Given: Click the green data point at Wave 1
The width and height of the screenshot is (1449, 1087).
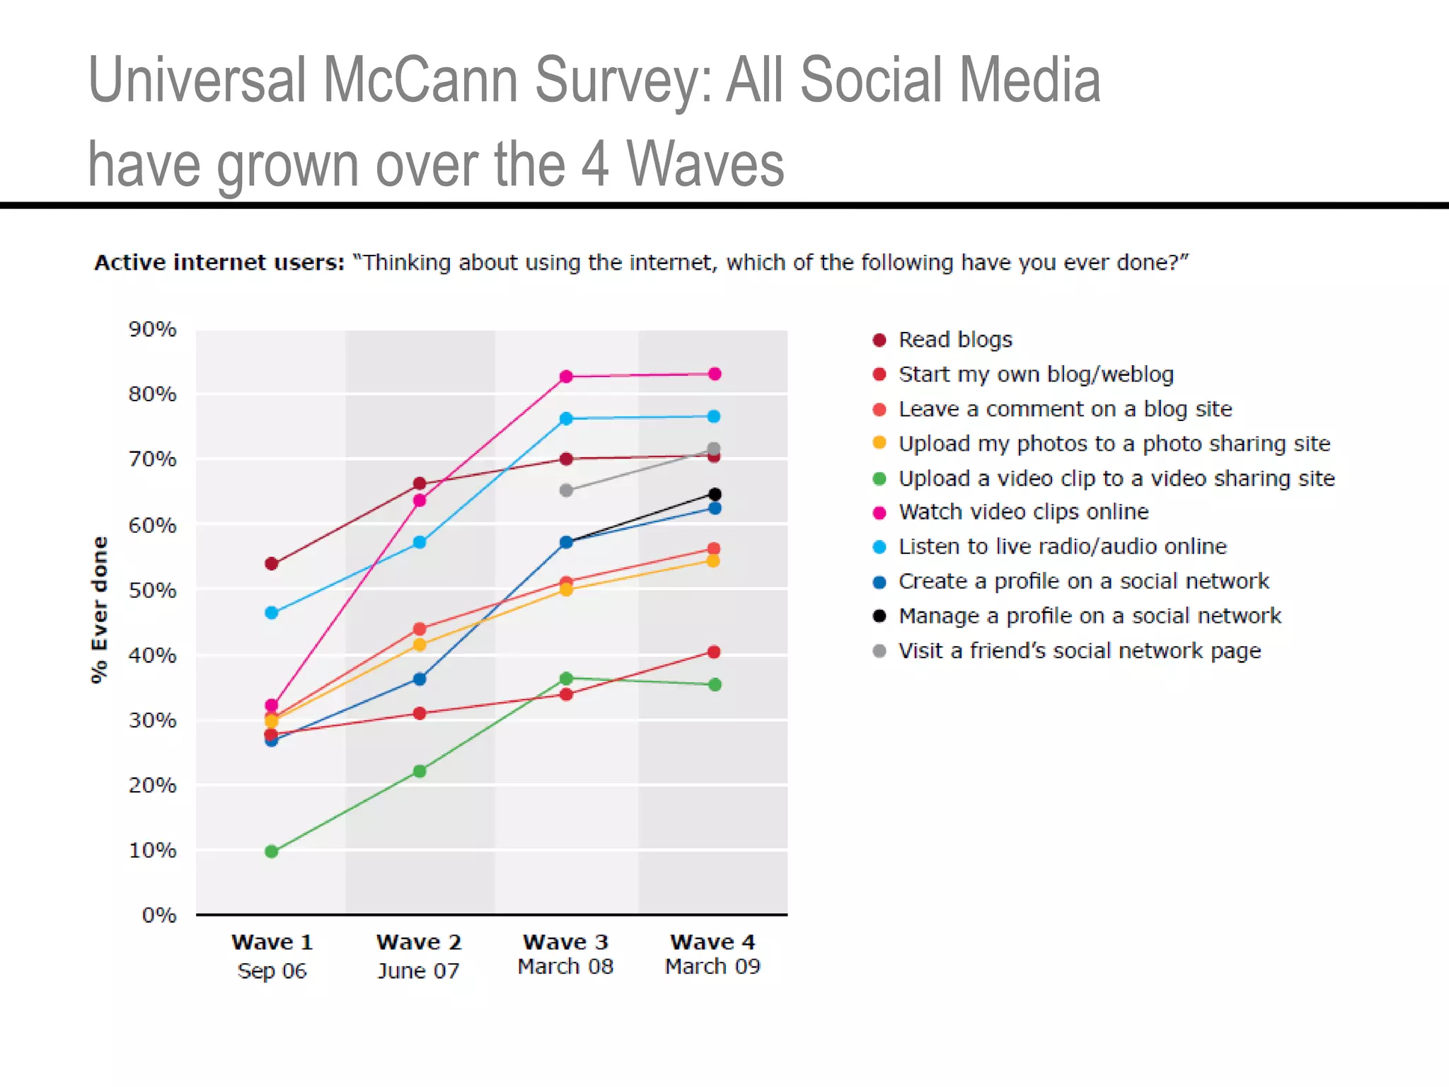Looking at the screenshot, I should tap(272, 851).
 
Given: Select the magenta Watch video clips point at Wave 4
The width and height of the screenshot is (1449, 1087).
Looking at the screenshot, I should tap(715, 374).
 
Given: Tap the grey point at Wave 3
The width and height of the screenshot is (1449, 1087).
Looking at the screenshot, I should tap(566, 490).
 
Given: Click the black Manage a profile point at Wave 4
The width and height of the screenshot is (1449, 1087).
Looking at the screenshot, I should tap(715, 494).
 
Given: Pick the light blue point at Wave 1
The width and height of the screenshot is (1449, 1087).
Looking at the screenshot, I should tap(272, 613).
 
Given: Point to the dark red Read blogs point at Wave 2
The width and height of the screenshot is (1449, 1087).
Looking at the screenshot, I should tap(420, 483).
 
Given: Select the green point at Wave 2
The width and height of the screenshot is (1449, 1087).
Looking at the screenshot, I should tap(420, 771).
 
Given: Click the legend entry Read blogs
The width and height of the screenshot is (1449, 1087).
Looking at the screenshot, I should tap(954, 340).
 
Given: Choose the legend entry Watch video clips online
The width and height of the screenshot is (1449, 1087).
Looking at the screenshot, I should tap(1023, 512).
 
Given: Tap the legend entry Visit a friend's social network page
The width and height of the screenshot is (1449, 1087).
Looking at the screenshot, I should tap(1079, 650).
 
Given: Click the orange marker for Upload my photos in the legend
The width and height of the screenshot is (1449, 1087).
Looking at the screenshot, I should tap(879, 443).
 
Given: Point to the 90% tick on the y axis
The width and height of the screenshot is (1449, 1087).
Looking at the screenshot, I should tap(152, 329).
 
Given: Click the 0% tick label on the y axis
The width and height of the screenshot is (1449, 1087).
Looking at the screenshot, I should tap(159, 915).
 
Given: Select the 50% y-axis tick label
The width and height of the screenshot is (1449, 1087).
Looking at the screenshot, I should tap(152, 590).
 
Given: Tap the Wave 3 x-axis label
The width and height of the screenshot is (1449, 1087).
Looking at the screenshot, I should tap(565, 942).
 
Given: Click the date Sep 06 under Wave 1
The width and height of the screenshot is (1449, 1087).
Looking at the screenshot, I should tap(272, 970).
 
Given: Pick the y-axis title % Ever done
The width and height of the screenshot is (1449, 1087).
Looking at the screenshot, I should tap(100, 609).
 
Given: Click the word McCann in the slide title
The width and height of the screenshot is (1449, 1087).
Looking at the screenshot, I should tap(420, 80).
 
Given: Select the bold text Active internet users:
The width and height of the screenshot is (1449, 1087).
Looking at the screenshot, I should tap(219, 263).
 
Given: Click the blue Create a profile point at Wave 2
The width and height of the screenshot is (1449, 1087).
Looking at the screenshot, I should tap(420, 679).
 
